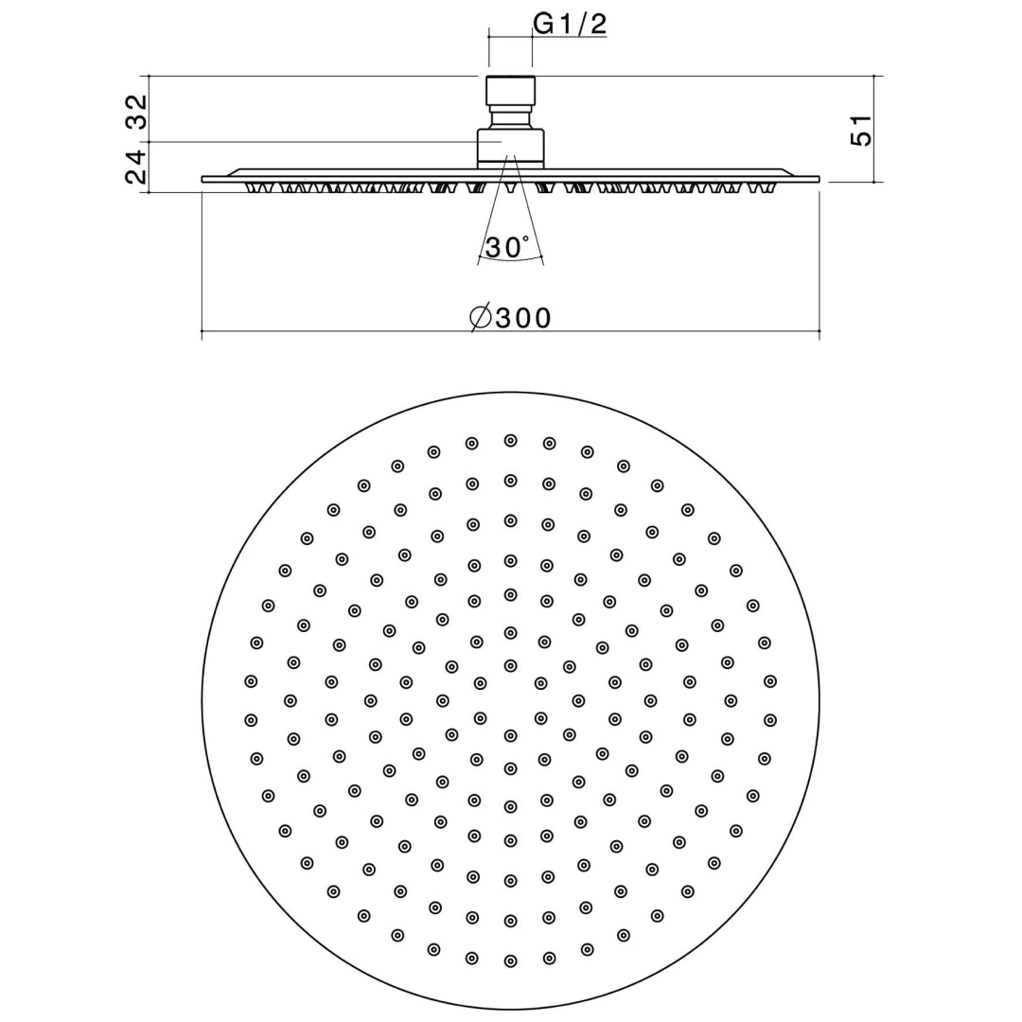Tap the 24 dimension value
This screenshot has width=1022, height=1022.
[x=137, y=167]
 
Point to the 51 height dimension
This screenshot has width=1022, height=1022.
[x=860, y=130]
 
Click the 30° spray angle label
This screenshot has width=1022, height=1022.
[x=507, y=248]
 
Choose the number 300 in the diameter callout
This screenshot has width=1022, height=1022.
[x=523, y=318]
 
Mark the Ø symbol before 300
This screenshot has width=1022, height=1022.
[x=481, y=318]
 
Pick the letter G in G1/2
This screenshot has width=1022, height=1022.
[x=544, y=24]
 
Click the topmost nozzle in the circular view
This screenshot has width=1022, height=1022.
[x=510, y=440]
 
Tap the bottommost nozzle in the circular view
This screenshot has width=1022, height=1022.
[x=510, y=961]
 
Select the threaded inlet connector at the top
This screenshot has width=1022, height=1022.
[x=511, y=90]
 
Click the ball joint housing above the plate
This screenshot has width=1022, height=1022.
[x=511, y=147]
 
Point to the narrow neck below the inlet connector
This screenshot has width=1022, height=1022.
[x=511, y=118]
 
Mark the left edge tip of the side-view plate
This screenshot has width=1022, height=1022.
[x=204, y=179]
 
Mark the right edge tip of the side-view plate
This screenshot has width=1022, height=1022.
[x=818, y=179]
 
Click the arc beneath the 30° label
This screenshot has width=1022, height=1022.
[x=511, y=261]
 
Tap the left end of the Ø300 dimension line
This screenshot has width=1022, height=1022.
[x=203, y=331]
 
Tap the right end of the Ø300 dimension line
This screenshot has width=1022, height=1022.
[x=819, y=331]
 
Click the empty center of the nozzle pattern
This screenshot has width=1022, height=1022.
[x=510, y=701]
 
